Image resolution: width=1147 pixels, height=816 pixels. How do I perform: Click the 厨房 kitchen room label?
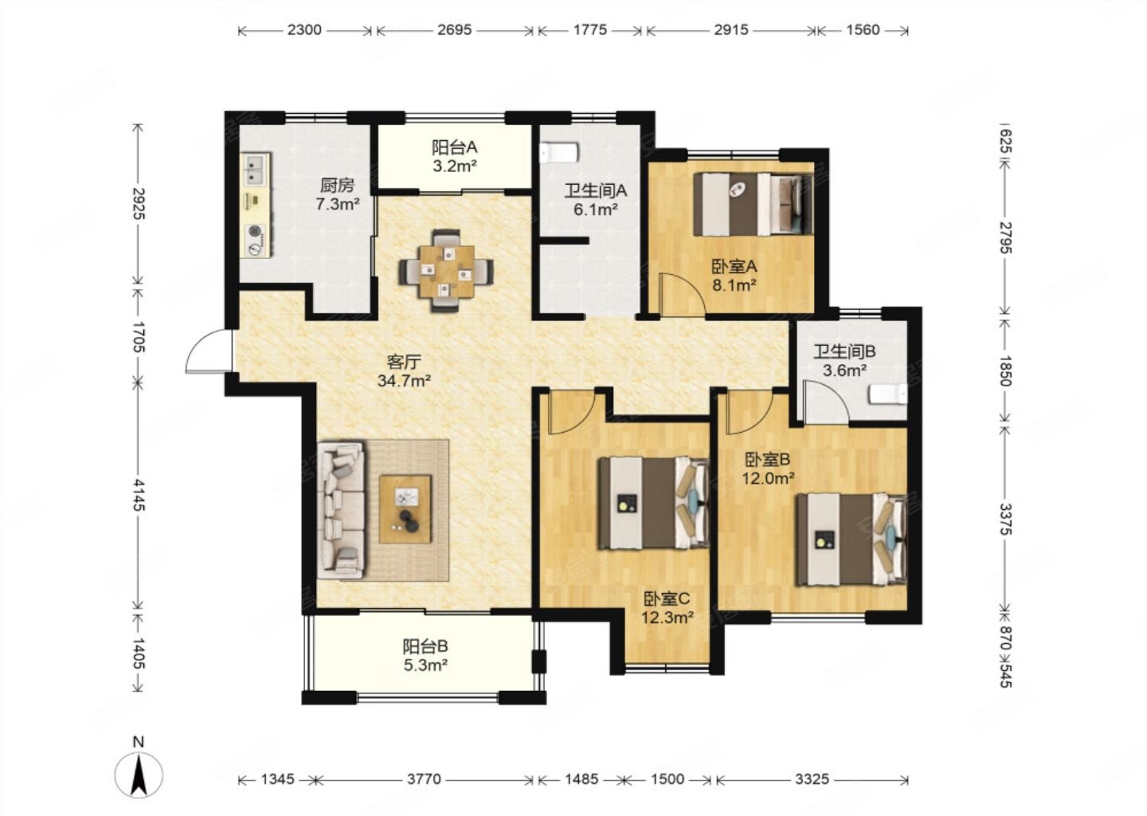337,185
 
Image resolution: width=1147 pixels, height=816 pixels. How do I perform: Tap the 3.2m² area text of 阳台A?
455,167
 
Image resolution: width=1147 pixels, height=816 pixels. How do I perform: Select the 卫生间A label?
596,190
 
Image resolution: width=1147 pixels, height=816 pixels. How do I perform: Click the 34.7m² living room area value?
404,381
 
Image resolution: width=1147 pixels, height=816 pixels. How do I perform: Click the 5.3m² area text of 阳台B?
425,665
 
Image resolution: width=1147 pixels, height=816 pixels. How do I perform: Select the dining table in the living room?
446,272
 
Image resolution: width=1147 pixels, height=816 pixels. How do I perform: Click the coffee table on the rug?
405,509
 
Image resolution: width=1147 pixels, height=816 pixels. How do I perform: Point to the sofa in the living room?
342,510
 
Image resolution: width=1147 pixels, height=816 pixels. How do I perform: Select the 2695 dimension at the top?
454,29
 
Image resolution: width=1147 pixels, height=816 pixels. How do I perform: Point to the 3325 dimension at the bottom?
812,779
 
